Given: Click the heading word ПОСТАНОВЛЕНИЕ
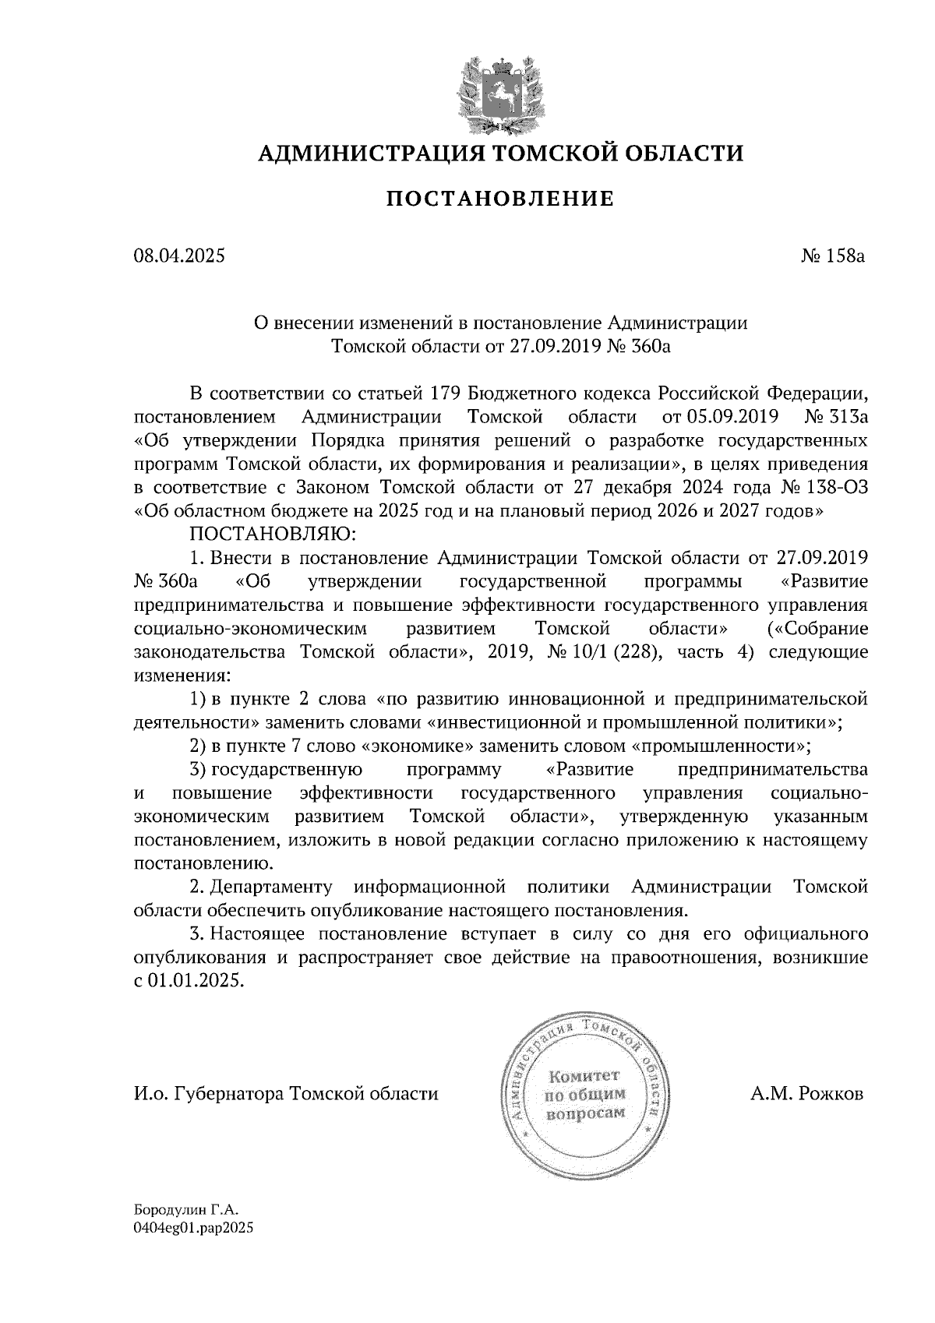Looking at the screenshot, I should point(501,199).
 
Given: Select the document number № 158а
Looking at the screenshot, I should point(834,256).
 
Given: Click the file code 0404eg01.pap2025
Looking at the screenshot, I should point(195,1228).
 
